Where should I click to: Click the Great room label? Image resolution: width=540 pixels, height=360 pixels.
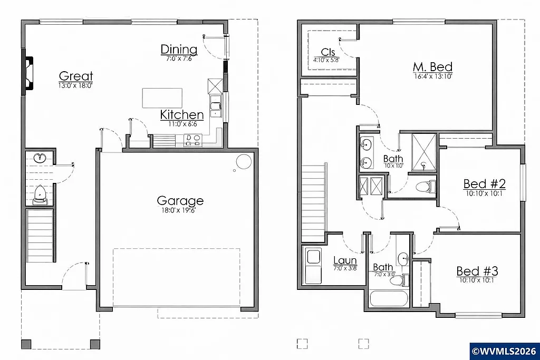pos(76,76)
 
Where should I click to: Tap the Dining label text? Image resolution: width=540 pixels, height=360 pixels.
pos(179,50)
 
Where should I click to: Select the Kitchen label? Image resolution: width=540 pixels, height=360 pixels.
pos(182,115)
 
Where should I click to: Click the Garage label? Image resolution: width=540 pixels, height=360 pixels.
pos(180,201)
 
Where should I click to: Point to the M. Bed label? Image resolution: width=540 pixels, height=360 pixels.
pos(432,67)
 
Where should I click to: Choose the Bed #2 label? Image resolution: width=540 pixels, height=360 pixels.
pos(485,184)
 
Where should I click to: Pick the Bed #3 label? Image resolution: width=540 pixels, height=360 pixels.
pos(477,271)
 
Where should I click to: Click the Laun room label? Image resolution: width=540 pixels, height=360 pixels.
pos(345,260)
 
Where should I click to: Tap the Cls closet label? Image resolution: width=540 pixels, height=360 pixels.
pos(328,52)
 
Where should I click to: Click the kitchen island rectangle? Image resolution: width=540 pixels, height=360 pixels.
pos(162,98)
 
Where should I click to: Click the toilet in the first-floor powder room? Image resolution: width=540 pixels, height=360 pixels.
pos(40,196)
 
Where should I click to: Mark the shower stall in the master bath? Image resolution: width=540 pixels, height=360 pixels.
pos(423,153)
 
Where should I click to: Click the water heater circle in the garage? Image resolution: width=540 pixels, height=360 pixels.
pos(243,162)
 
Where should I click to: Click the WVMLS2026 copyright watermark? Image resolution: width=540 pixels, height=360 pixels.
pos(504,351)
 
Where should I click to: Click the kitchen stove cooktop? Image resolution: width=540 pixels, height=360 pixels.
pos(193,140)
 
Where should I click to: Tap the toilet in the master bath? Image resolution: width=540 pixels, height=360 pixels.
pos(425,186)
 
